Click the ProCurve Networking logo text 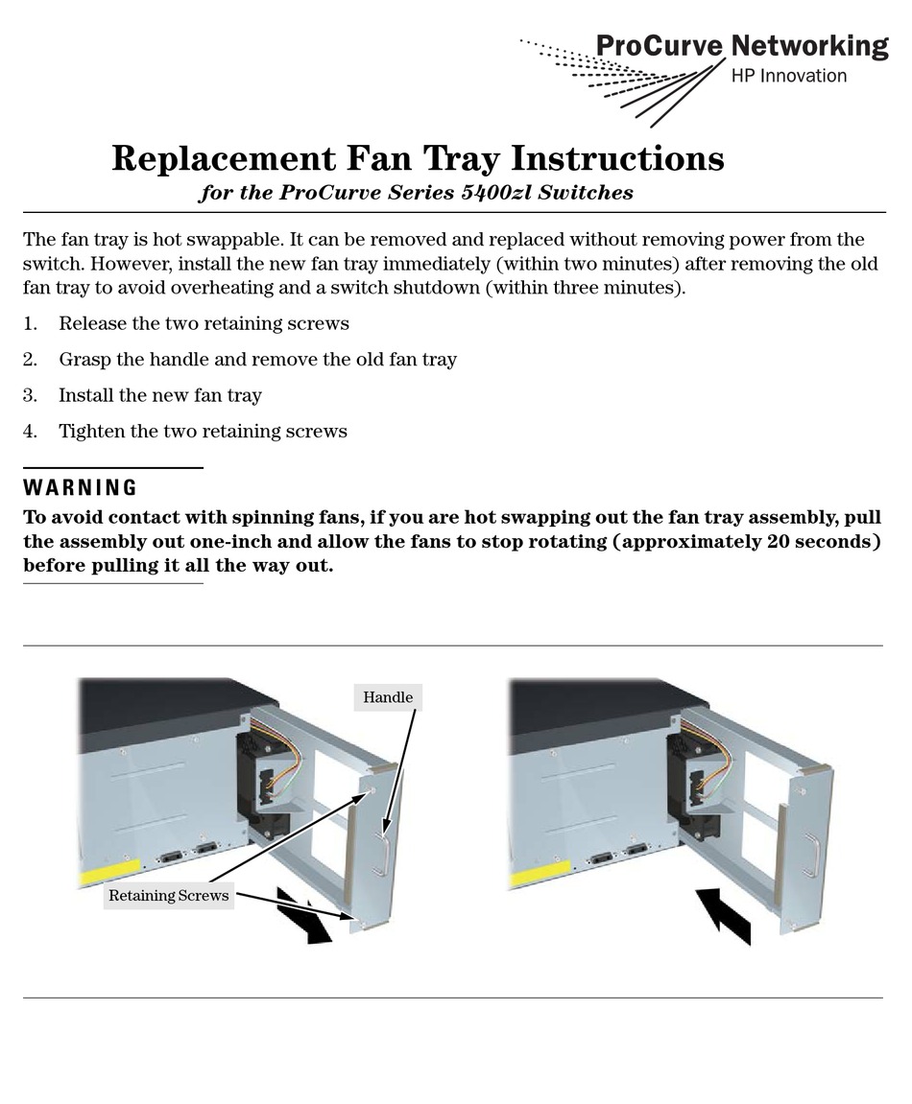click(x=742, y=46)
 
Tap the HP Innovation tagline click(x=789, y=76)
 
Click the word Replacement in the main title click(x=224, y=158)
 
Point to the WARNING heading click(x=81, y=487)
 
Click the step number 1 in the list click(x=29, y=324)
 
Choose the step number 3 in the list click(x=30, y=396)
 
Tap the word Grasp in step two click(x=84, y=360)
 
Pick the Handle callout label click(x=388, y=697)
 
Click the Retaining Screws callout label click(x=168, y=896)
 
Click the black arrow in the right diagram click(x=724, y=915)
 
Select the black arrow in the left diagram click(x=303, y=916)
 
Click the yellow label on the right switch click(x=539, y=874)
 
